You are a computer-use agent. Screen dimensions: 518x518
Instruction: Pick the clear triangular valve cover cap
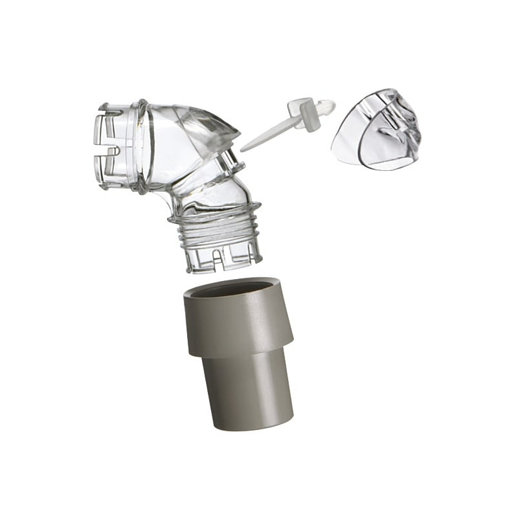(376, 129)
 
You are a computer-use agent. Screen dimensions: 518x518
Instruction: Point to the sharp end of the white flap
(243, 149)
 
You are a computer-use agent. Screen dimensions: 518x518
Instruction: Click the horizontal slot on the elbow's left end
(110, 152)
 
